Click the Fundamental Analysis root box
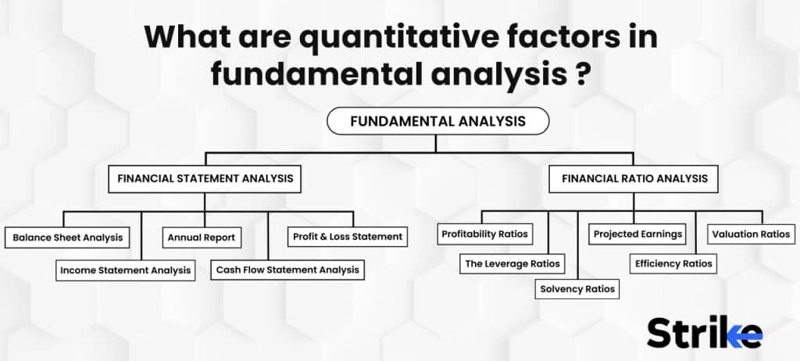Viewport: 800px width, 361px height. (x=437, y=121)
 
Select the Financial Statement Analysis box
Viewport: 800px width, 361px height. (x=205, y=179)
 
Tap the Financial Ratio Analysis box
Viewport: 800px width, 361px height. (x=634, y=179)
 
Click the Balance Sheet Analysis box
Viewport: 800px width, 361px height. (x=67, y=237)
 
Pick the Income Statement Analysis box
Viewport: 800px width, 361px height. (x=125, y=270)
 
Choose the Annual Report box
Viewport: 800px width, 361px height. (x=201, y=237)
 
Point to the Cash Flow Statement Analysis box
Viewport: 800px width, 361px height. (x=287, y=270)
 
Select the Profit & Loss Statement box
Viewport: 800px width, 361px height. (x=348, y=236)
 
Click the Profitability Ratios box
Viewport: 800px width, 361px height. (x=484, y=234)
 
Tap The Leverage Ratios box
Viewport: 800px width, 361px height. (x=512, y=264)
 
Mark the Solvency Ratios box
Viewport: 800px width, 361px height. (x=577, y=289)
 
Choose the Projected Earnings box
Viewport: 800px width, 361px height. (x=637, y=234)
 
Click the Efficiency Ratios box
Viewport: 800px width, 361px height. (x=673, y=264)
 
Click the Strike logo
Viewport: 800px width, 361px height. (x=703, y=332)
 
